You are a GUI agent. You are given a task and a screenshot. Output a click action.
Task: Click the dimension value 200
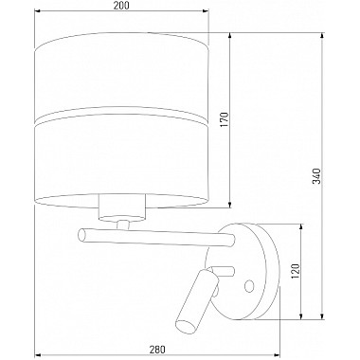coord(121,6)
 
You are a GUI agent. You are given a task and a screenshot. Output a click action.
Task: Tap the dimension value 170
coord(224,119)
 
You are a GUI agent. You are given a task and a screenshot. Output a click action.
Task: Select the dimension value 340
coord(316,176)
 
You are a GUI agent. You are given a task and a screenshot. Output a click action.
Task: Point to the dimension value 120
coord(295,271)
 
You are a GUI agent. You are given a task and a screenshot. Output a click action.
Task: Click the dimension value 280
coord(157,350)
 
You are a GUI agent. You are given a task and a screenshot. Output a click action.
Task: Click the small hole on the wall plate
coord(249,285)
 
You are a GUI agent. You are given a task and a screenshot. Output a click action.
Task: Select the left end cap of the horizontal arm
coord(82,235)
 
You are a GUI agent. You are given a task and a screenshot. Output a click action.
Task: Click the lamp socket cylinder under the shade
coord(122,207)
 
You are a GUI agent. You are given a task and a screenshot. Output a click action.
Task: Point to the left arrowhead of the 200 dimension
coord(37,11)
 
